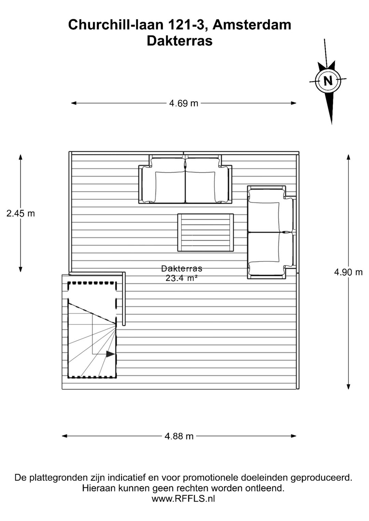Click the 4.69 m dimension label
pyautogui.click(x=183, y=103)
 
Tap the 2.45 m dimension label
pyautogui.click(x=20, y=213)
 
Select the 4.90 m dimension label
pyautogui.click(x=348, y=272)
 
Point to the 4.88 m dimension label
pyautogui.click(x=179, y=436)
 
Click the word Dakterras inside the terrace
pyautogui.click(x=181, y=269)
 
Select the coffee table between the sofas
pyautogui.click(x=206, y=233)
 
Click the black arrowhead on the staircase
pyautogui.click(x=110, y=354)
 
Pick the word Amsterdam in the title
pyautogui.click(x=252, y=25)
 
